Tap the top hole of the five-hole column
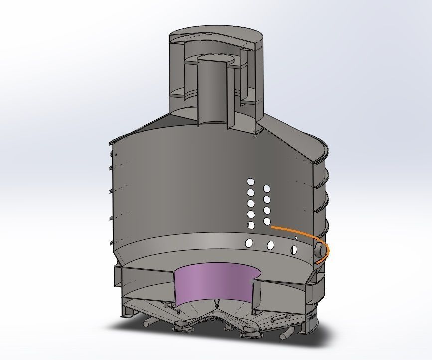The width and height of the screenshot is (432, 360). coord(251,182)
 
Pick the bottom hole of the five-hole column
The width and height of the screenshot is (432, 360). coord(251,226)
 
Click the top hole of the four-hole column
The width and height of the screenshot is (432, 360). coord(267,188)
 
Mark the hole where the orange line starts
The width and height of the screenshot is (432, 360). coord(267,221)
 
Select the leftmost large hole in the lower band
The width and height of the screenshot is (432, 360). coord(248,243)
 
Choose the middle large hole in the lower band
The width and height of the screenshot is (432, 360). coord(271,245)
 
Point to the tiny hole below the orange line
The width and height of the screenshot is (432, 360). coord(296,238)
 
